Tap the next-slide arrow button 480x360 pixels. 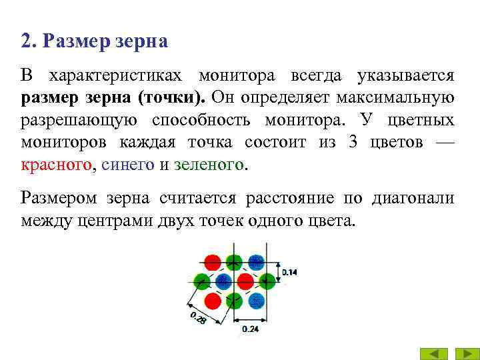(463, 353)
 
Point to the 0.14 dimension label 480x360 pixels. (290, 272)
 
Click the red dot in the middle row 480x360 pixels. (245, 279)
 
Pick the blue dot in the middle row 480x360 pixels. (223, 279)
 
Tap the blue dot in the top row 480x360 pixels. (256, 262)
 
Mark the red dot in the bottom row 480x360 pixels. (213, 299)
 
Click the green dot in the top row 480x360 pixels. (233, 262)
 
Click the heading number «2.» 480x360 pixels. (29, 42)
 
